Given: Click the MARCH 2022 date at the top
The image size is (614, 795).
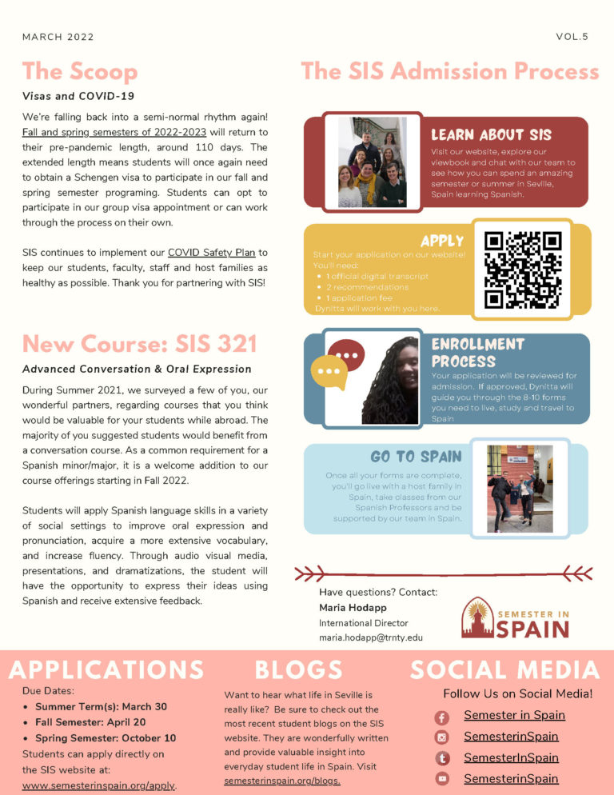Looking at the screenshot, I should pos(58,37).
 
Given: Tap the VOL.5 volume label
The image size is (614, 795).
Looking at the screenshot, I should pos(572,37).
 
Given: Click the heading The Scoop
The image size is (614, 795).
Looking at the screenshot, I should pos(80,72).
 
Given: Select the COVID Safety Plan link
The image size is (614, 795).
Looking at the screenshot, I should pos(211,253).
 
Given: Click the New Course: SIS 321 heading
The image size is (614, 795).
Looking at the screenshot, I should pos(140,344).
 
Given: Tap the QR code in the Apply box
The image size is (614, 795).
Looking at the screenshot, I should pos(523,270).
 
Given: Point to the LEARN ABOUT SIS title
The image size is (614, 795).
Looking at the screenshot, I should pos(491,134).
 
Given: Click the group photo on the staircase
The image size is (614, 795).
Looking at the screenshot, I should pos(372,162).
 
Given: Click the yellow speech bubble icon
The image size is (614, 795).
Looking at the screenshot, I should pos(328,372).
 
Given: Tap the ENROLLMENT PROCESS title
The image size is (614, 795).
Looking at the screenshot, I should pos(478,352).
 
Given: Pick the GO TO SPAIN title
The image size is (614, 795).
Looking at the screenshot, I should pos(416,457).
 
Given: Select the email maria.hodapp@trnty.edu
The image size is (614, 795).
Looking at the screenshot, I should pos(371,637).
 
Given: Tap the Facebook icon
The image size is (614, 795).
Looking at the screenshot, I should pos(442,717).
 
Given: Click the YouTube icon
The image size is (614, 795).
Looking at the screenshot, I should pos(442,779).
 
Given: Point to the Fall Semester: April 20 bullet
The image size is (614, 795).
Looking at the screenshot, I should pos(100,722).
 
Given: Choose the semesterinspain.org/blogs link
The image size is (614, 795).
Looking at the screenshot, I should pos(282,780).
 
